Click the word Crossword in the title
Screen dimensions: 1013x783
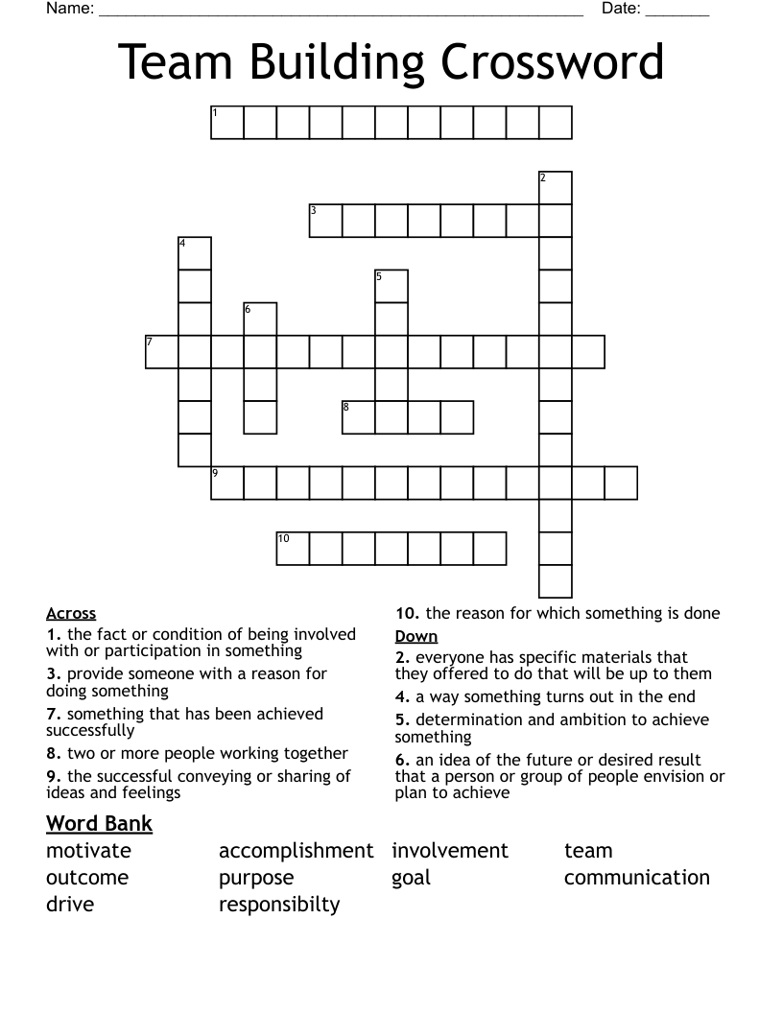click(x=553, y=63)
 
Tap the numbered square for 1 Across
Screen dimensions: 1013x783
click(x=227, y=123)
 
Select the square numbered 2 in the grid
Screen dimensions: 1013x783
click(x=556, y=188)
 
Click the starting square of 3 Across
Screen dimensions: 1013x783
click(x=325, y=221)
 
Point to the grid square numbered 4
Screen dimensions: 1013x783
click(x=195, y=253)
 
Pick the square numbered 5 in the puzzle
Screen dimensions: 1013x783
click(x=391, y=286)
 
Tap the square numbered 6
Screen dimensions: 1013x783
click(x=260, y=318)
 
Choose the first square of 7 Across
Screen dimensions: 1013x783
click(x=162, y=351)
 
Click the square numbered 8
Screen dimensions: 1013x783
click(x=358, y=417)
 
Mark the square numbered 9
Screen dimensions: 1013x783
click(x=227, y=483)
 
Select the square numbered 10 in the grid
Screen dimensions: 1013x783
click(x=293, y=548)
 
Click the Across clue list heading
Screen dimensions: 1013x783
click(x=71, y=614)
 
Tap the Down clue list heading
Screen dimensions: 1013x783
click(x=416, y=637)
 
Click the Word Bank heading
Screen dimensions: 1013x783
click(x=99, y=823)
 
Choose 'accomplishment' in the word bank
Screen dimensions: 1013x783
click(x=296, y=851)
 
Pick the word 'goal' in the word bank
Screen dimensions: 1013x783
click(x=412, y=878)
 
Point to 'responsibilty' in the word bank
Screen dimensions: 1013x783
click(x=279, y=905)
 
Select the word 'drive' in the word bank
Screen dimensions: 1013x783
click(x=70, y=905)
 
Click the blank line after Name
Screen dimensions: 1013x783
click(x=341, y=12)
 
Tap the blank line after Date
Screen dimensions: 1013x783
click(x=677, y=12)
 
